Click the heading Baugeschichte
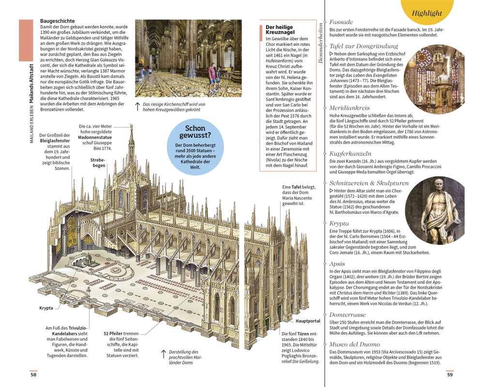[x=58, y=21]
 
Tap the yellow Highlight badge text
[x=427, y=13]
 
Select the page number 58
[x=33, y=374]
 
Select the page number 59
[x=450, y=374]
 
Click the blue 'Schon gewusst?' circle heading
[x=195, y=132]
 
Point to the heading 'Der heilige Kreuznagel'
[x=280, y=30]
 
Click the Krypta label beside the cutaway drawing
[x=46, y=308]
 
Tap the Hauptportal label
[x=308, y=321]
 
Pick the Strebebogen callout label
[x=98, y=163]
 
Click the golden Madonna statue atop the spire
[x=132, y=126]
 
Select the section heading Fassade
[x=341, y=22]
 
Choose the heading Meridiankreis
[x=349, y=108]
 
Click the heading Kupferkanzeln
[x=350, y=154]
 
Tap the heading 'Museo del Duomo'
[x=354, y=344]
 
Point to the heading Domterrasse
[x=347, y=315]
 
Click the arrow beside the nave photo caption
[x=137, y=107]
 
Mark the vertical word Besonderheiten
[x=320, y=43]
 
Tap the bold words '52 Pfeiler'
[x=113, y=334]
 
